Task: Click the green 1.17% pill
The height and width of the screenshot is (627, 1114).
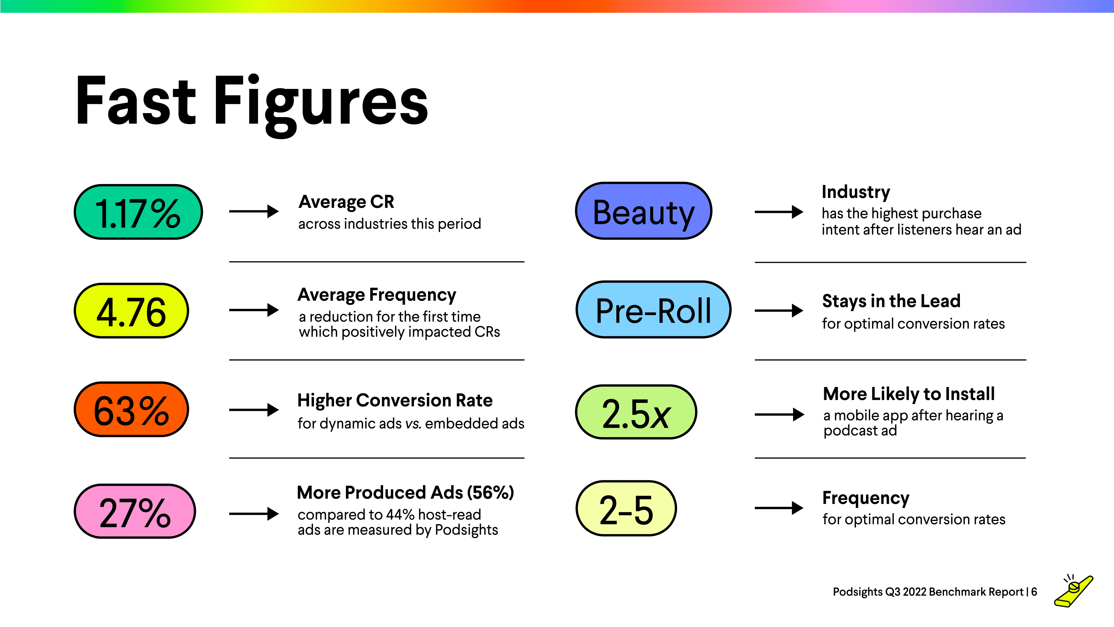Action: click(138, 212)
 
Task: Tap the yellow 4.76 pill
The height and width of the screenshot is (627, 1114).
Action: click(131, 311)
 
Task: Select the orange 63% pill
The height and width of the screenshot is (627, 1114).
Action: click(131, 409)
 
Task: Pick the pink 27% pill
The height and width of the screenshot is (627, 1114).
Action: click(134, 511)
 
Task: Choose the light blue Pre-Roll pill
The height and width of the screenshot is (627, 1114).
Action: click(653, 310)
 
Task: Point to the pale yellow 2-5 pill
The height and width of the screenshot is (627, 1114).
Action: click(626, 509)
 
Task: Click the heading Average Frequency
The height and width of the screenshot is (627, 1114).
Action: click(377, 295)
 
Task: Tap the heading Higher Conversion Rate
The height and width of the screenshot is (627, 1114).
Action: click(395, 400)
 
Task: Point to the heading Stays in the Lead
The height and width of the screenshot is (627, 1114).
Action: click(891, 301)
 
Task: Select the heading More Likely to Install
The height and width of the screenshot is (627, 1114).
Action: click(909, 394)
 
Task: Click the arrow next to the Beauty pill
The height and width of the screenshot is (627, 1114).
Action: click(779, 212)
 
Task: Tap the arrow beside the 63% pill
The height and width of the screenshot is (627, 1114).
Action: click(254, 409)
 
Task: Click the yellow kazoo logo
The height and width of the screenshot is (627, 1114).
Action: click(1074, 591)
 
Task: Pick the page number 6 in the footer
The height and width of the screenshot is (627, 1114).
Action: click(1034, 592)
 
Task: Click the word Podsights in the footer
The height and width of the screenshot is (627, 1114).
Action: click(857, 592)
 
